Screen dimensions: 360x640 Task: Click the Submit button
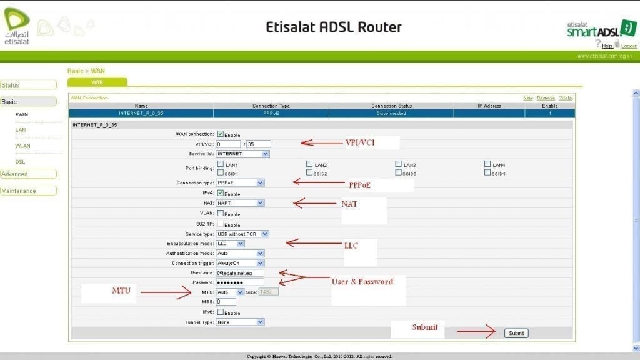(x=516, y=333)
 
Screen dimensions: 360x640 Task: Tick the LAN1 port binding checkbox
(x=221, y=164)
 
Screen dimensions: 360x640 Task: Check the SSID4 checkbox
(x=487, y=172)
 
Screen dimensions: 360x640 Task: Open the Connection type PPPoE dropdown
(x=240, y=182)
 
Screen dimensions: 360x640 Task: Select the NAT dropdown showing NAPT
(x=240, y=203)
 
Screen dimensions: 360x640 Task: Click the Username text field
(x=240, y=273)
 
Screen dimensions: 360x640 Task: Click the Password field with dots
(x=240, y=282)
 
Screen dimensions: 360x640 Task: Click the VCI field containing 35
(x=258, y=144)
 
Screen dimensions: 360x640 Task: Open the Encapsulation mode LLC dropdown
(x=231, y=243)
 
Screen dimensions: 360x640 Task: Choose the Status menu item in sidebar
(x=27, y=84)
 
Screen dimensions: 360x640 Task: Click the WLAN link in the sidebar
(x=23, y=146)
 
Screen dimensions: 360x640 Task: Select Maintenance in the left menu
(x=27, y=191)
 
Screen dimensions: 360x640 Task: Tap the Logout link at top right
(x=629, y=46)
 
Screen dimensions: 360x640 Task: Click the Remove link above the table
(x=546, y=98)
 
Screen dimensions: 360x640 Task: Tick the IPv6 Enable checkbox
(x=221, y=312)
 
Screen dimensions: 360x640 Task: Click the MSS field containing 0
(x=226, y=302)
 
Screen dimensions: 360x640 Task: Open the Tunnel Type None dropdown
(x=240, y=322)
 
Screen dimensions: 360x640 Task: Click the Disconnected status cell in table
(x=391, y=113)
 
